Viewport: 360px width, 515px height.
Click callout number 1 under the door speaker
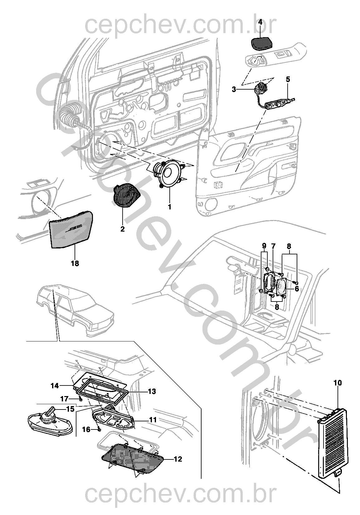point(170,207)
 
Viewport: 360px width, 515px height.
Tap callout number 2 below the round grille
point(122,229)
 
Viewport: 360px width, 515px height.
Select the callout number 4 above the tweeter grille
point(260,22)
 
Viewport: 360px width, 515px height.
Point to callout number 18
point(75,263)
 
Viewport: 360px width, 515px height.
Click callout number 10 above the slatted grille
point(338,383)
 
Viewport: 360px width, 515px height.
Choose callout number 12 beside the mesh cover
point(178,459)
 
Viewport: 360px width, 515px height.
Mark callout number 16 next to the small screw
point(86,429)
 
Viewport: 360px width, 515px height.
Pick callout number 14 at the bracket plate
point(55,386)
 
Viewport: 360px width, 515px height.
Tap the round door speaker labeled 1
point(169,174)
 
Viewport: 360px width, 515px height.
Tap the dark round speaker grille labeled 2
point(125,195)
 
